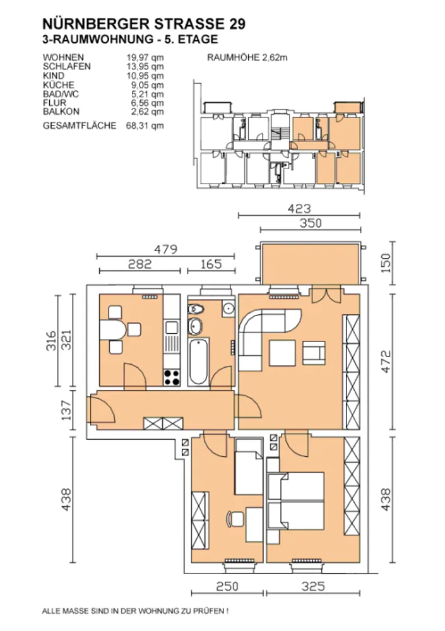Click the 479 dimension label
[165, 249]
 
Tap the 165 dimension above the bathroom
[211, 264]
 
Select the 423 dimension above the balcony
[299, 209]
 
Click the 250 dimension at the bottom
[227, 587]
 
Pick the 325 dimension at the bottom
[313, 587]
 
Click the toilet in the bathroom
[196, 309]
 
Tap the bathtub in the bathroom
[198, 362]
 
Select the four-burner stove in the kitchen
[172, 377]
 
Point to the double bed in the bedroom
[296, 501]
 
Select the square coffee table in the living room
[283, 353]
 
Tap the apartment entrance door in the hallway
[102, 408]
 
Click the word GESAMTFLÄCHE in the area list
[80, 126]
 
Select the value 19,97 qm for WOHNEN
[145, 57]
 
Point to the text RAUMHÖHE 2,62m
[247, 57]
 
